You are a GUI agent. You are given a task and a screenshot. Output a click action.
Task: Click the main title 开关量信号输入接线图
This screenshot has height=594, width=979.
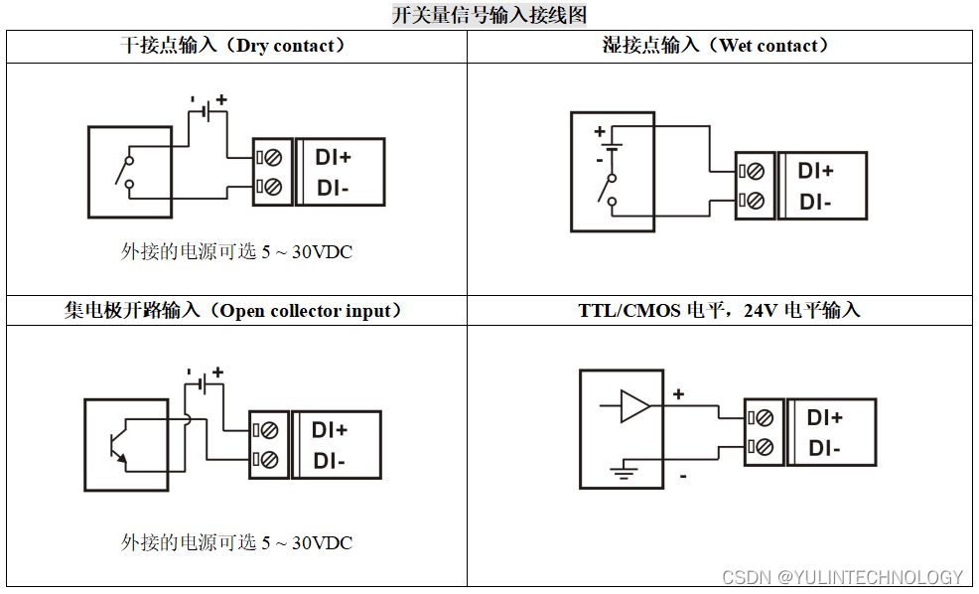click(489, 15)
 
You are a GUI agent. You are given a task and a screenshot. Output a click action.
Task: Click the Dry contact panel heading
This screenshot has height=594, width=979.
click(234, 46)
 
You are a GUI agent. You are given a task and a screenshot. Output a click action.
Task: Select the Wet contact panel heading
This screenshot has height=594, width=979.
click(716, 46)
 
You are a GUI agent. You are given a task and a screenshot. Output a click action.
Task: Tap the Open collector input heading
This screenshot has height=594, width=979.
click(234, 311)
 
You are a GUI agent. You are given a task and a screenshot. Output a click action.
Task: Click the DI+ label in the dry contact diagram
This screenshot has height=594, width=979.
click(334, 157)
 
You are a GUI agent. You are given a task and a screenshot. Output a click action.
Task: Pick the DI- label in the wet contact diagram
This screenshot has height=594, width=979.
click(815, 202)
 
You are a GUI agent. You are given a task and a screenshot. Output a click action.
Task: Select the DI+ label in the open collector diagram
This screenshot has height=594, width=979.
click(330, 430)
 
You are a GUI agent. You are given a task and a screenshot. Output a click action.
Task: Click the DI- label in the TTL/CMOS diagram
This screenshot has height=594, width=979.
click(824, 449)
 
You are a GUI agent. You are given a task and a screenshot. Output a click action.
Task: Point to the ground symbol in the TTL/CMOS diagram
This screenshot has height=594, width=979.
click(623, 471)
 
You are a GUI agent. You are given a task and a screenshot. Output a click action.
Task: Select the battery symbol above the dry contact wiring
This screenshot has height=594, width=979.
click(208, 111)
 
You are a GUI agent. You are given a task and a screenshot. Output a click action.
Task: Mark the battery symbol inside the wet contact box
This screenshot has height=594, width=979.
click(614, 146)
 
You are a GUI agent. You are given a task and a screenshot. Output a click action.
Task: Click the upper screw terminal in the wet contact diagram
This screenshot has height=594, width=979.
click(755, 171)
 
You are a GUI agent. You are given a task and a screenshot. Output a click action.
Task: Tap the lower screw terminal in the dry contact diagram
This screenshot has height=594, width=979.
click(271, 187)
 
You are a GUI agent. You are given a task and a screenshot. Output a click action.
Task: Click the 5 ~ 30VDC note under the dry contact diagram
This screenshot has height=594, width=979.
click(236, 252)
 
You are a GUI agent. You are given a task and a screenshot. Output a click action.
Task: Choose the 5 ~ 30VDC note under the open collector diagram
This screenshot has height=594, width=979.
click(236, 543)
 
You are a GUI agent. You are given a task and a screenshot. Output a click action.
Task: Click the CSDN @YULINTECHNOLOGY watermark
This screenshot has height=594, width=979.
click(842, 577)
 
